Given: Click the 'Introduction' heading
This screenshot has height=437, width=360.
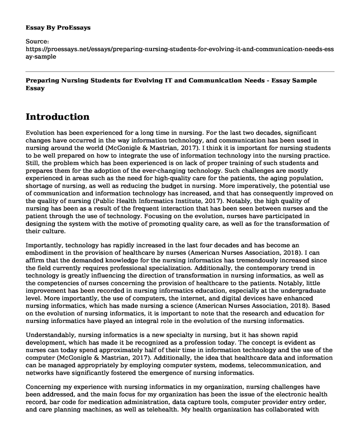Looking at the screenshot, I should pyautogui.click(x=58, y=117).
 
